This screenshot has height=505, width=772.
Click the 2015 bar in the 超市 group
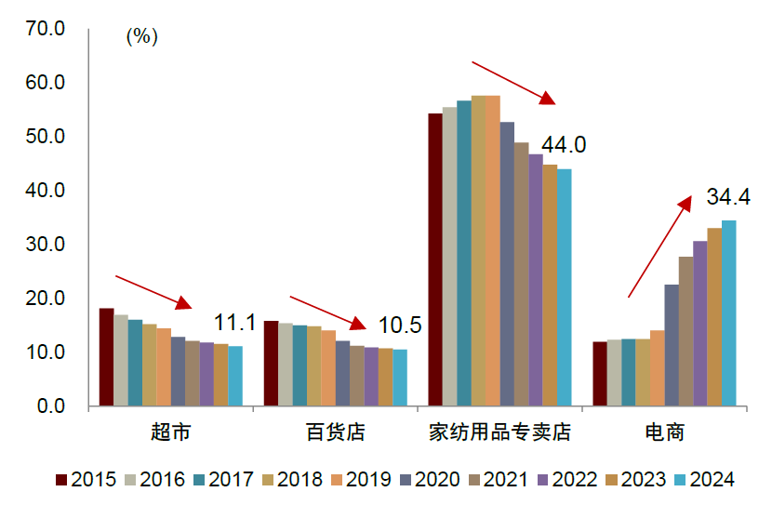106,357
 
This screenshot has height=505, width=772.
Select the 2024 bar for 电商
728,313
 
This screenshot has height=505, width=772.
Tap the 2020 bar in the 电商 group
671,345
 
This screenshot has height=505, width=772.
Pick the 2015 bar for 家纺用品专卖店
435,259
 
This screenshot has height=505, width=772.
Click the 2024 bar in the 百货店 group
400,378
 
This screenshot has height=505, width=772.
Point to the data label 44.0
564,145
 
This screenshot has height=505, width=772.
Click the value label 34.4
729,198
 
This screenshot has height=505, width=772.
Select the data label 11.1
234,324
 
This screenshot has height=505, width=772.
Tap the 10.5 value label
400,326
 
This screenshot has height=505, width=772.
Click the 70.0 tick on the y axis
46,29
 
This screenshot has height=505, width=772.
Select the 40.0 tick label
46,191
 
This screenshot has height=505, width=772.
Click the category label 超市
170,432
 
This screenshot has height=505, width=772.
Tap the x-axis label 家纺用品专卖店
499,432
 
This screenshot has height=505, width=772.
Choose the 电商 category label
664,432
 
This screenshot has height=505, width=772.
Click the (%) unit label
141,37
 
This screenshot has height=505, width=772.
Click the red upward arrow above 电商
659,246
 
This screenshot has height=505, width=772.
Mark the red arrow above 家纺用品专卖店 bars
512,83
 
